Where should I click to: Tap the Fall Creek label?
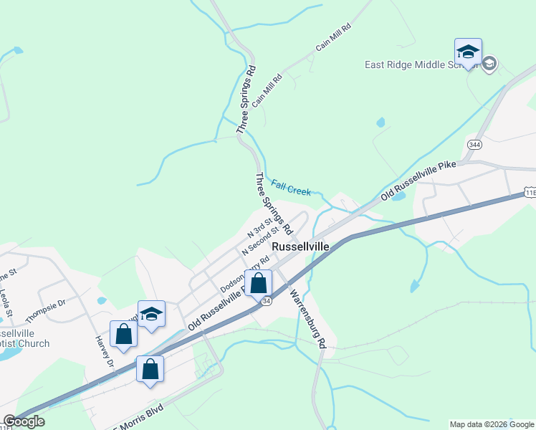(x=291, y=188)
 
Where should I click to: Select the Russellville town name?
(x=300, y=247)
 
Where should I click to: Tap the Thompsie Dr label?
(x=45, y=310)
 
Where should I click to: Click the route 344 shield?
(x=474, y=145)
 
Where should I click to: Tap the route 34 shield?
(x=267, y=302)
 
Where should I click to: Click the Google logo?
(x=24, y=421)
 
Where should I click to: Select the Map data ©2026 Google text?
(x=492, y=424)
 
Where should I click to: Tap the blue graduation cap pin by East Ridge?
(x=468, y=52)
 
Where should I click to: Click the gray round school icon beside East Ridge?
(x=489, y=64)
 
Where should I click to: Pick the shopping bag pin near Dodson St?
(x=258, y=282)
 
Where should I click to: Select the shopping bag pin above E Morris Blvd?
(x=150, y=369)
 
